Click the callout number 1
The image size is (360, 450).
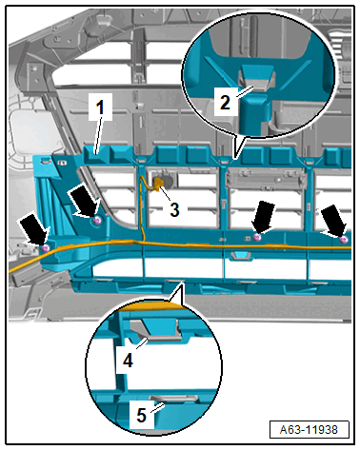click(x=100, y=108)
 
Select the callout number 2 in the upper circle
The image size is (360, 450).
click(x=225, y=103)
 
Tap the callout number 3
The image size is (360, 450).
click(x=174, y=209)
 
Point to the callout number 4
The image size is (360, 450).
click(x=128, y=361)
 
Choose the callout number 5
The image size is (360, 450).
click(x=141, y=415)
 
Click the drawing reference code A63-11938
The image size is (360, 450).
click(x=309, y=430)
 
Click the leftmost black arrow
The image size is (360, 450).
click(x=35, y=230)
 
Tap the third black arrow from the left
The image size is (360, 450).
click(x=264, y=218)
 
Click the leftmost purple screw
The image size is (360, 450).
click(x=46, y=247)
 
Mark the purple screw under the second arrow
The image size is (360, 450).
click(x=97, y=221)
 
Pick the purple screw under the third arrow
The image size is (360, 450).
click(x=257, y=237)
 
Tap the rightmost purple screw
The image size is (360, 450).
click(x=343, y=240)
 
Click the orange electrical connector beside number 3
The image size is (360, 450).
click(x=158, y=183)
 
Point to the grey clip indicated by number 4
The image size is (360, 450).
click(x=155, y=331)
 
